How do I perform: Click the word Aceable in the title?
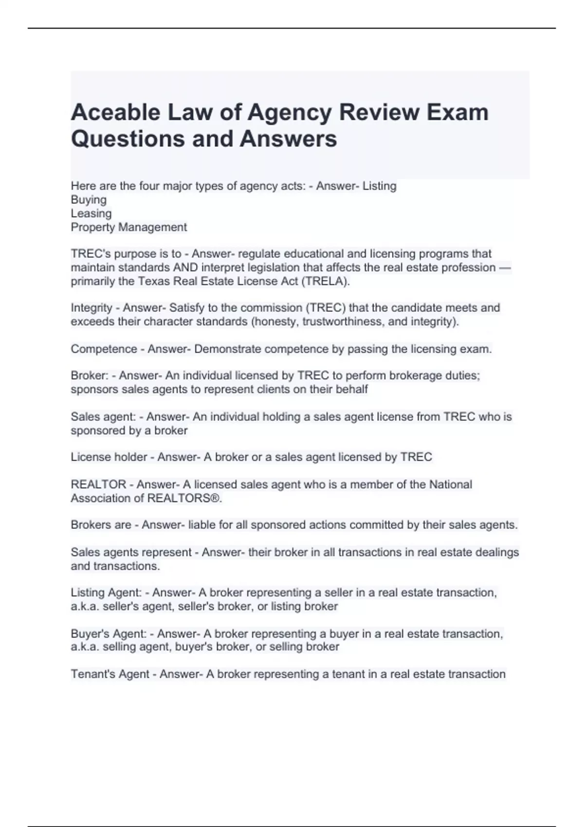[x=116, y=112]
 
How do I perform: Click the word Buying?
[x=89, y=199]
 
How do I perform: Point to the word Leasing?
[x=91, y=213]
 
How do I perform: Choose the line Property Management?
[x=128, y=227]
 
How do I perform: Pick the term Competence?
[x=104, y=349]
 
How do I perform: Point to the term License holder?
[x=109, y=457]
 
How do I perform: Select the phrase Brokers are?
[x=101, y=525]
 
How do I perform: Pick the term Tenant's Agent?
[x=110, y=674]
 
